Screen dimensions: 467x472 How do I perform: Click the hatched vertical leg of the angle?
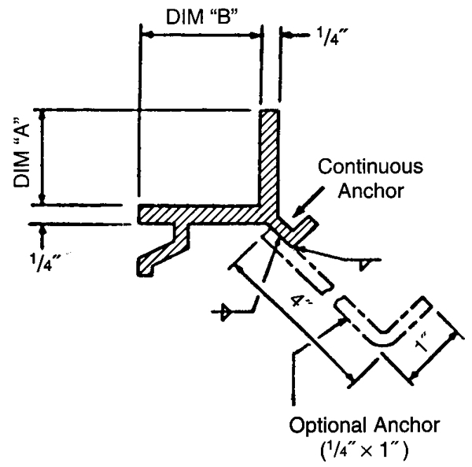point(270,158)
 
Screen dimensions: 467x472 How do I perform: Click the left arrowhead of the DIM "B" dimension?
point(145,35)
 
